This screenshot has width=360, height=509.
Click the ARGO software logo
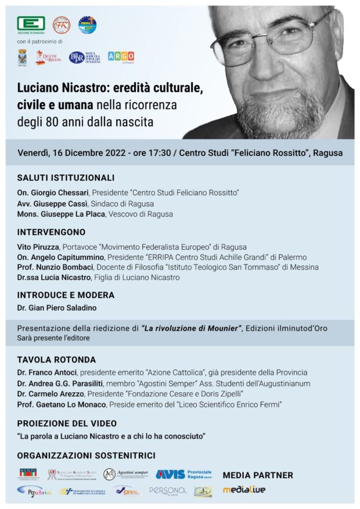(121, 56)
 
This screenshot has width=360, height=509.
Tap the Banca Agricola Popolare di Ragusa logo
(85, 57)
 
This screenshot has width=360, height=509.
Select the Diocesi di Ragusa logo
(48, 57)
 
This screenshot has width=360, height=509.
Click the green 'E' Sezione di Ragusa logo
(31, 24)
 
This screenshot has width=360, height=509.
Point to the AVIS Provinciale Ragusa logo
(183, 474)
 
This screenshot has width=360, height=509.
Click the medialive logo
(244, 490)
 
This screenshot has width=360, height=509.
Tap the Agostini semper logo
(126, 474)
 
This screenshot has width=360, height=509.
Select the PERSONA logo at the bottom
(167, 491)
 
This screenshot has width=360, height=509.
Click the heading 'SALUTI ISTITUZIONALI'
(66, 178)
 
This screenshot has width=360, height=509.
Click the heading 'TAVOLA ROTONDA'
(56, 360)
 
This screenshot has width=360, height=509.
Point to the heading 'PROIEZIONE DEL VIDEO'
(67, 423)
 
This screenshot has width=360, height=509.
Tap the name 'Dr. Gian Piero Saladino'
(56, 307)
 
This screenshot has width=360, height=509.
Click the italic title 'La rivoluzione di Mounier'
(192, 328)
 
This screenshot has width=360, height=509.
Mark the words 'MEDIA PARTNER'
(258, 475)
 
